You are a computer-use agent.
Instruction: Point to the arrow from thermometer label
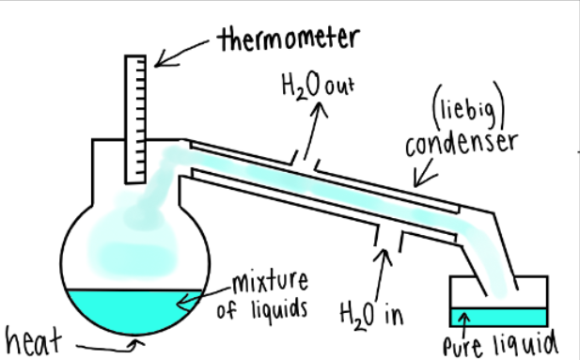(182, 52)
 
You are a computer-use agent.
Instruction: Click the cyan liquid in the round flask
(132, 308)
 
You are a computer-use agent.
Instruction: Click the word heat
(32, 339)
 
